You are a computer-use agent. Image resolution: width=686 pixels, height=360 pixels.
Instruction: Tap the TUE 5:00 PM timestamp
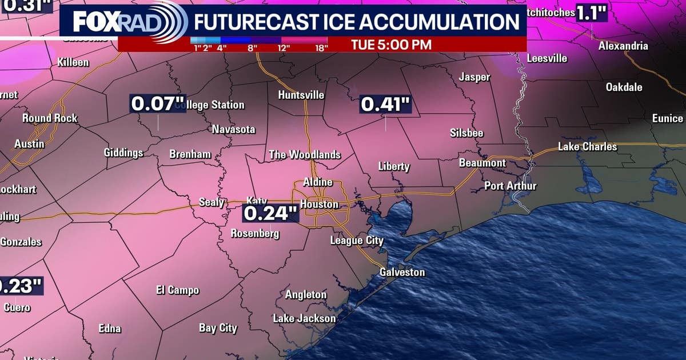(390, 44)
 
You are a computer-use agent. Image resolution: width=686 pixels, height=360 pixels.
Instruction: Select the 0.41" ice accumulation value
(385, 105)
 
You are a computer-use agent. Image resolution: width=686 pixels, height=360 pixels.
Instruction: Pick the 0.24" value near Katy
(271, 213)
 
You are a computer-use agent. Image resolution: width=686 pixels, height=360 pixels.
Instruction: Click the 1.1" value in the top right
(591, 13)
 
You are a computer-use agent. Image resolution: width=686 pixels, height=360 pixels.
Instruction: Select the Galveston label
(402, 272)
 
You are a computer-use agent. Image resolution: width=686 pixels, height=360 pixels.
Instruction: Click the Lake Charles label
(588, 147)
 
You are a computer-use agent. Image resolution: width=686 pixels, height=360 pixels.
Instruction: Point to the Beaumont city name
(482, 163)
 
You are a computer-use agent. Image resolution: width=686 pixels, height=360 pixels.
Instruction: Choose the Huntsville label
(301, 95)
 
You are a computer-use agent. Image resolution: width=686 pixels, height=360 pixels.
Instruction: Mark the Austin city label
(29, 144)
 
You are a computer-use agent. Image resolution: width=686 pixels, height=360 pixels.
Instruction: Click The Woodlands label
(305, 155)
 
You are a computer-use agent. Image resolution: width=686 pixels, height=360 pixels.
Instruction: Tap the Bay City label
(218, 328)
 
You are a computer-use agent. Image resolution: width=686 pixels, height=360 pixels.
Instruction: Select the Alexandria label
(623, 46)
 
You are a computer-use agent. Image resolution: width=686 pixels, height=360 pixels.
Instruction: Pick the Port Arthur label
(510, 186)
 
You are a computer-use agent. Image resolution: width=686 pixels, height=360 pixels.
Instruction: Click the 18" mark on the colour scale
(322, 48)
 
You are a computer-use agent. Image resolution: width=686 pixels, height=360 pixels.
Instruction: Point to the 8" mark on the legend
(250, 48)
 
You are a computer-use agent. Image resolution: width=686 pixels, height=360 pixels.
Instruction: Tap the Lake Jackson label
(304, 318)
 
